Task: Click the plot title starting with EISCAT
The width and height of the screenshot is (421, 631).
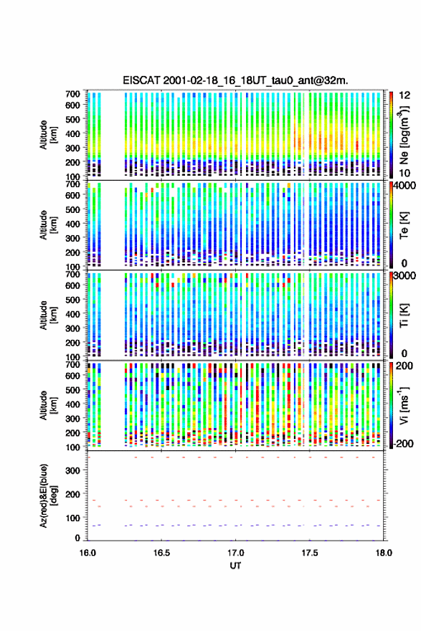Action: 235,80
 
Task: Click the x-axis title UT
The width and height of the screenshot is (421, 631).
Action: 235,566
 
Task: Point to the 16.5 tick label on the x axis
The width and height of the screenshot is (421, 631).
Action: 161,553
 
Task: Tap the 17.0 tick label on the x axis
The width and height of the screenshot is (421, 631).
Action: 235,553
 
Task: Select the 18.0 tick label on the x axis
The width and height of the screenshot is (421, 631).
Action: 384,553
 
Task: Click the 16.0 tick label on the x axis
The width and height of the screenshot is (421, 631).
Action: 87,553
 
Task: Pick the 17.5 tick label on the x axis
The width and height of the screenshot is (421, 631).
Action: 310,553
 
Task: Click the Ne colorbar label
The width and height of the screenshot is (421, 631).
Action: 405,134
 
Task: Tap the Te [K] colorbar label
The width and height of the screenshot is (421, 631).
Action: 404,226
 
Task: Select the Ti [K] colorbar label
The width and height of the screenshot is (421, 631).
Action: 404,315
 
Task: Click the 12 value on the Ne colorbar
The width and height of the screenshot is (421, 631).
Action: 405,95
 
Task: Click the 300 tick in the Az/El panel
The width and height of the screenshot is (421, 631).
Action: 73,470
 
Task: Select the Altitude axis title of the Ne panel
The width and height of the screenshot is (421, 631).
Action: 48,135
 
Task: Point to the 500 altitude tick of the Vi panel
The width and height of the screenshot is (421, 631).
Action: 73,389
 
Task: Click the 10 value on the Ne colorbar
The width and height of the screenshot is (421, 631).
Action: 405,174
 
